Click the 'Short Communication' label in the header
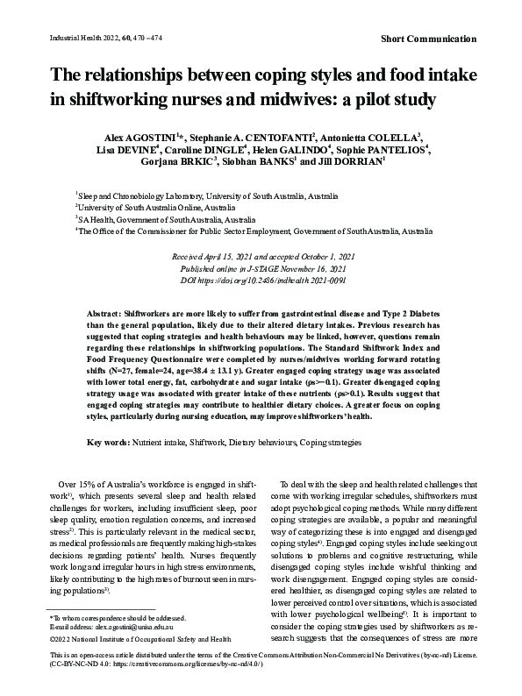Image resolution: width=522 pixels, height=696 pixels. coord(430,39)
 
